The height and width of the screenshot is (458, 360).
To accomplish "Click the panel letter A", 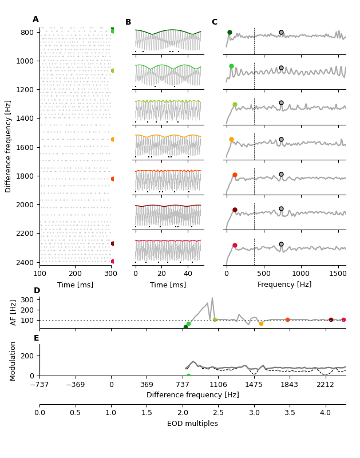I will (35, 19).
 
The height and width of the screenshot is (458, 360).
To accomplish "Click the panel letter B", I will (128, 22).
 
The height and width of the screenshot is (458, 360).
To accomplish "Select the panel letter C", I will (215, 22).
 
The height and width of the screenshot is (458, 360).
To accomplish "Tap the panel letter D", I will (37, 291).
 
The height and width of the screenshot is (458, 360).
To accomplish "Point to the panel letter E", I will (37, 338).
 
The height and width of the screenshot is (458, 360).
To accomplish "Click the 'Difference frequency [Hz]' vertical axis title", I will (8, 146).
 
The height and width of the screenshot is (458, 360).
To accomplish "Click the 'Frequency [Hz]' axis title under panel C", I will (284, 285).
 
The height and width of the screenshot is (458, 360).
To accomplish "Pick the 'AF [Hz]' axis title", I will (14, 312).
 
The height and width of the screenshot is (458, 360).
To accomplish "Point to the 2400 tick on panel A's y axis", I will (26, 262).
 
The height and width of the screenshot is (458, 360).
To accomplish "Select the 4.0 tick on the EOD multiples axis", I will (325, 413).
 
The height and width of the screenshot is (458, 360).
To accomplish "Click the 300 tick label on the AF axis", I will (27, 299).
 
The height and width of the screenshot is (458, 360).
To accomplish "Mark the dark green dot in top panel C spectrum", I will (230, 33).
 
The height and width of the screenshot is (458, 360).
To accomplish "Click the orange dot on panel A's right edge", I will (113, 139).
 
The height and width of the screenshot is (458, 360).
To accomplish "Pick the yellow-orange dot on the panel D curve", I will (261, 323).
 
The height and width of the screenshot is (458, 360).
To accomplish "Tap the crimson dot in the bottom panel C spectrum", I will (235, 245).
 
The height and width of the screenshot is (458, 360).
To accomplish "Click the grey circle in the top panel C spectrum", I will (281, 33).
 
